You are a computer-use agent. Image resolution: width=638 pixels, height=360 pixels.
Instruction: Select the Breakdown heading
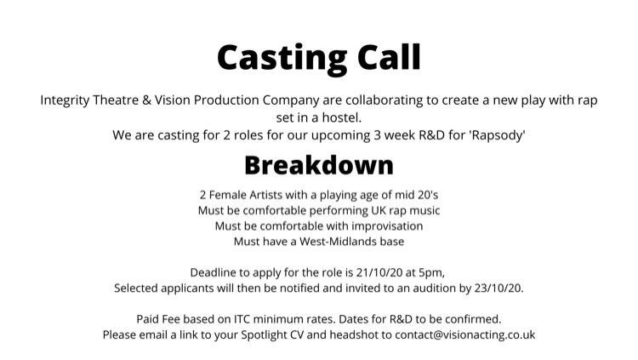click(x=319, y=164)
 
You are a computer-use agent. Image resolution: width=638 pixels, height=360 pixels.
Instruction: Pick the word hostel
click(x=351, y=117)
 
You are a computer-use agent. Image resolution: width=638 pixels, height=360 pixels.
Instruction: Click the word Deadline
click(x=219, y=271)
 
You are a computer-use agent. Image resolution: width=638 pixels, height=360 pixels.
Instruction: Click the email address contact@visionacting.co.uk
click(x=464, y=334)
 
